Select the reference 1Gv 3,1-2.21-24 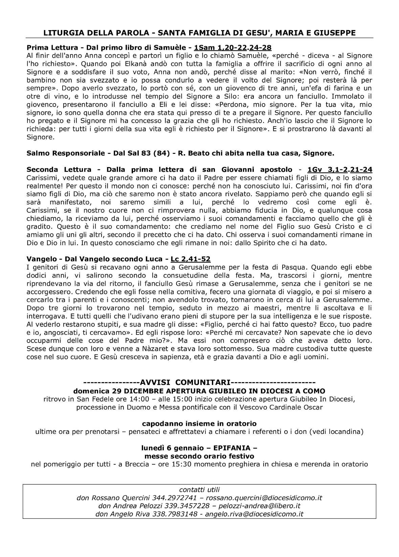tap(340, 169)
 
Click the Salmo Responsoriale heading tap(65, 153)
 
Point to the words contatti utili tap(199, 489)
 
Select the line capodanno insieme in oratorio tap(199, 423)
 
